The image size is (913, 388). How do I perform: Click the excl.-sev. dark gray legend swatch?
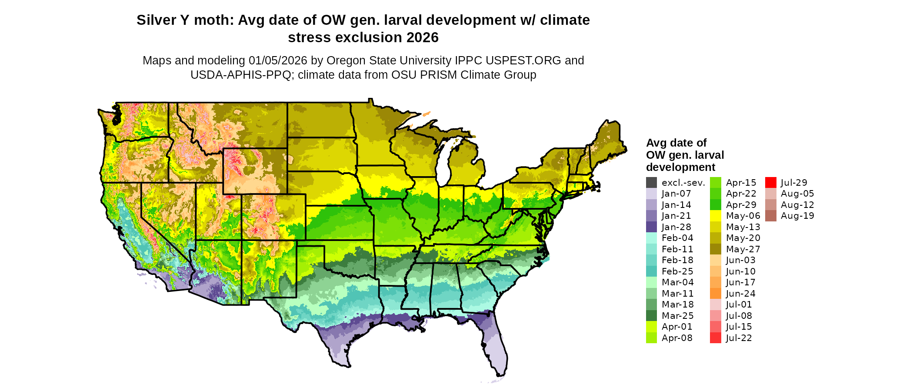tap(651, 183)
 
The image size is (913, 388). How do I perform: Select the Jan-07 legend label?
tap(676, 194)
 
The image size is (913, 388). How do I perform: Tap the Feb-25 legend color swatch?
tap(651, 271)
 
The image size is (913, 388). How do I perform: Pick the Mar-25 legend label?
tap(677, 316)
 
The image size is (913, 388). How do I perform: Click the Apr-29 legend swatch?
tap(715, 205)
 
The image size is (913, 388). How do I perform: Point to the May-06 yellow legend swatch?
tap(715, 216)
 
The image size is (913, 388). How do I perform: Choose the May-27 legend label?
tap(743, 249)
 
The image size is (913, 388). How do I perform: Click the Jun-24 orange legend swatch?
tap(715, 294)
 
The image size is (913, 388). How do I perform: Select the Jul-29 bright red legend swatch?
tap(770, 183)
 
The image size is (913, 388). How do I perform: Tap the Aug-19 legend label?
tap(797, 216)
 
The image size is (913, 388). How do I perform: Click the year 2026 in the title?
tap(423, 38)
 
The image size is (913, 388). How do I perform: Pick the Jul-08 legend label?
tap(739, 316)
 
